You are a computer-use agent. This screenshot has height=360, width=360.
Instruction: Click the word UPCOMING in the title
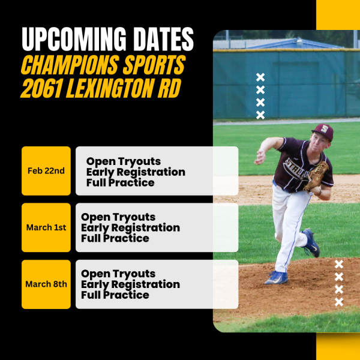74,39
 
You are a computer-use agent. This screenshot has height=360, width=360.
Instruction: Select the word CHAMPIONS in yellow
70,65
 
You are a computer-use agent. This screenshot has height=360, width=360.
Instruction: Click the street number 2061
41,88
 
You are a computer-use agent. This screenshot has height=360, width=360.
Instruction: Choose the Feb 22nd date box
46,171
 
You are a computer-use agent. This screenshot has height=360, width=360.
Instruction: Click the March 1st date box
46,227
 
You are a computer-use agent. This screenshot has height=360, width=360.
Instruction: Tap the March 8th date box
46,284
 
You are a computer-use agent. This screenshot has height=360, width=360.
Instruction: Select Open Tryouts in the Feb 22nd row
124,161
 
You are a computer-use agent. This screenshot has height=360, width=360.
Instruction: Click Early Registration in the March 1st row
130,228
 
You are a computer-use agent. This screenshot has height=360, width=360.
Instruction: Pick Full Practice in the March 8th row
115,295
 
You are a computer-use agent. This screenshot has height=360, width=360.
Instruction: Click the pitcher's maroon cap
323,132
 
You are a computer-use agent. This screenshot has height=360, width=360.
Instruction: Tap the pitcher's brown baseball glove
316,176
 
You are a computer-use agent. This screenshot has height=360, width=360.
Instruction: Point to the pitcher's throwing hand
260,157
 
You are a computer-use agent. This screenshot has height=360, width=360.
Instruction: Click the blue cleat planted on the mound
276,278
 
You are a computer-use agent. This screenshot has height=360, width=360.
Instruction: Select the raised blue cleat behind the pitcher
311,243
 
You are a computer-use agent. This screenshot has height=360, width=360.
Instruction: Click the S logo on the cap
324,129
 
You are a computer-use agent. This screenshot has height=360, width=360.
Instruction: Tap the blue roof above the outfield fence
296,44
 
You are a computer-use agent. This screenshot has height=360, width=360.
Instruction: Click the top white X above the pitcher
260,77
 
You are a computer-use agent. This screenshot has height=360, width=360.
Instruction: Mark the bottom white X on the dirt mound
339,302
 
